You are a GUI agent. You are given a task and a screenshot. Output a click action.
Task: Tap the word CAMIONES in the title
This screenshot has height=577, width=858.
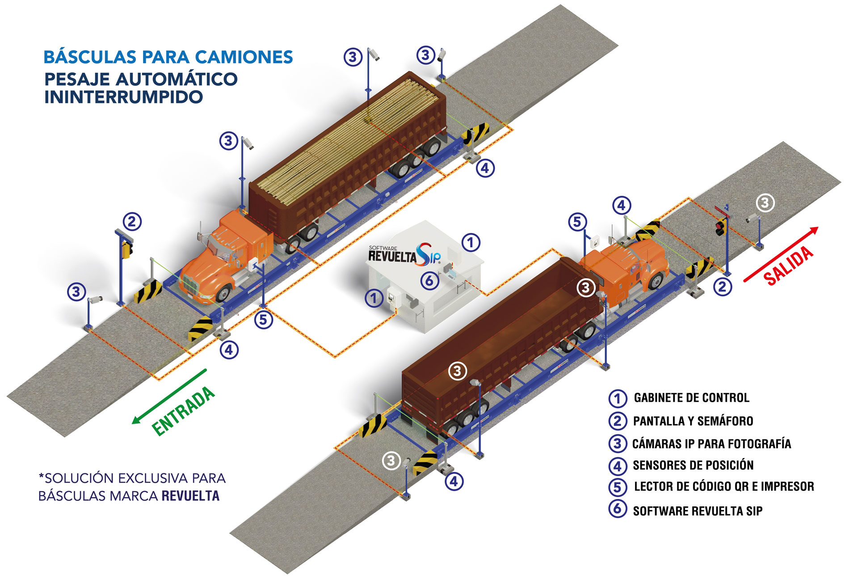[x=244, y=57]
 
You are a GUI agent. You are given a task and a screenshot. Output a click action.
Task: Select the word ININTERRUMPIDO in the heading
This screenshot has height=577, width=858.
[x=124, y=97]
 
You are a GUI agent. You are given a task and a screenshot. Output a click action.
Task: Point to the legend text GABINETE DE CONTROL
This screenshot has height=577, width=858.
[x=691, y=398]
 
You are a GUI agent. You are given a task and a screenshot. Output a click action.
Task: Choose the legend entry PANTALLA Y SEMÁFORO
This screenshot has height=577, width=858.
[x=693, y=421]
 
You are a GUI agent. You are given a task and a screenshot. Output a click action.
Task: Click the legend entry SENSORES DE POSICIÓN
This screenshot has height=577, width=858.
[x=693, y=465]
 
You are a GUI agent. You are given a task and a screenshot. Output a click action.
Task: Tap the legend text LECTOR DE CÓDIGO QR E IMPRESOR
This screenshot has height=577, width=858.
[x=724, y=486]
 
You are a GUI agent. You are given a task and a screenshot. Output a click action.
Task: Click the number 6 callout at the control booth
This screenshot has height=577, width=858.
[x=429, y=281]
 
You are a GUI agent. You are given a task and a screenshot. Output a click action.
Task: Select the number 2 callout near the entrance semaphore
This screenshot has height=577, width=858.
[x=131, y=222]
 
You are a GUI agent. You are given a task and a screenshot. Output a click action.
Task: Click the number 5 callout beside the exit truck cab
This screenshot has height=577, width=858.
[x=577, y=222]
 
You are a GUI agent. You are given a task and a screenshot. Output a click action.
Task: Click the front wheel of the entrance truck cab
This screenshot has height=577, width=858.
[x=223, y=293]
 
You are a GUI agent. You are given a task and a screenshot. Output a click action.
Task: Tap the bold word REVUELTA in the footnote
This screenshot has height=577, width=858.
[x=190, y=496]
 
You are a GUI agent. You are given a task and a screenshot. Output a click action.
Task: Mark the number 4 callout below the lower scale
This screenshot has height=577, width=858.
[x=454, y=482]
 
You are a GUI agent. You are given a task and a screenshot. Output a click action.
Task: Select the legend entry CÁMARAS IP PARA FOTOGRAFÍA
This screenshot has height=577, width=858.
[x=711, y=444]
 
